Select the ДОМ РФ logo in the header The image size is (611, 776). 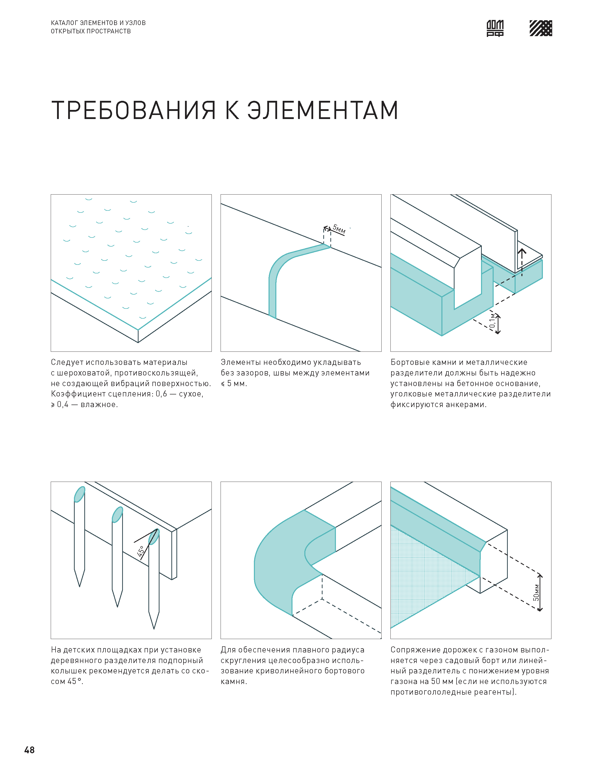point(495,28)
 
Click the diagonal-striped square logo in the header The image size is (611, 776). point(541,28)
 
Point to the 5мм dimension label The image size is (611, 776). point(339,229)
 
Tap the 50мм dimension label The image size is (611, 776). point(536,592)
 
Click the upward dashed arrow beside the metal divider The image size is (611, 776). point(522,262)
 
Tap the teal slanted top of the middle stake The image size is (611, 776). point(117,514)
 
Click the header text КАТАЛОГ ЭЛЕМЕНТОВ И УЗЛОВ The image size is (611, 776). point(98,22)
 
